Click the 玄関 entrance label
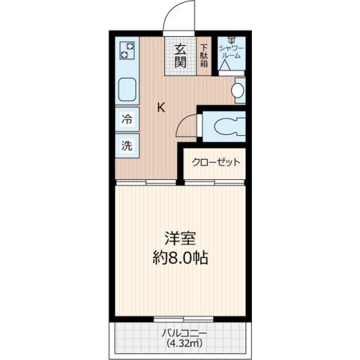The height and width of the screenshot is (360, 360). (181, 55)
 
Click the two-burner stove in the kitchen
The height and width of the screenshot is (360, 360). (128, 52)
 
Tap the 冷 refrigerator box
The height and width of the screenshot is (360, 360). (127, 119)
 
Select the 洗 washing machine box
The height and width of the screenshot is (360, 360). (127, 145)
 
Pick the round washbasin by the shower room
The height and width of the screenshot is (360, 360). (238, 91)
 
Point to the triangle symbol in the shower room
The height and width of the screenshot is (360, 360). (224, 65)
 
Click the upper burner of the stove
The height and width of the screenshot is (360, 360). (128, 46)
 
